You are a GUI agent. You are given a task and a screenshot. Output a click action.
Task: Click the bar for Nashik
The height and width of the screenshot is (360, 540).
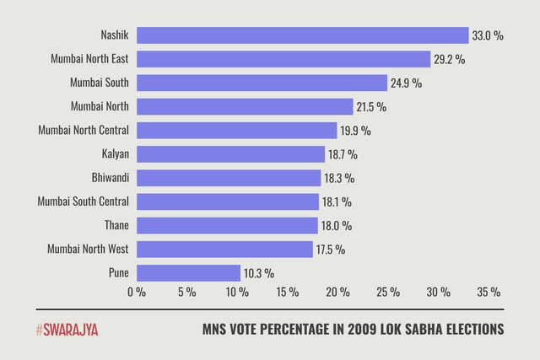click(x=302, y=35)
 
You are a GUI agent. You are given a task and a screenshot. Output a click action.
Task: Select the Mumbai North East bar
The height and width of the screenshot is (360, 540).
click(x=283, y=59)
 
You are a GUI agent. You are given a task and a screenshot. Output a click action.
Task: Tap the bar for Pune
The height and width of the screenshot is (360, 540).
click(x=188, y=273)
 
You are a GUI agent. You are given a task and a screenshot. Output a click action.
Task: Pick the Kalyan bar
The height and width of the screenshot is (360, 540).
click(x=230, y=154)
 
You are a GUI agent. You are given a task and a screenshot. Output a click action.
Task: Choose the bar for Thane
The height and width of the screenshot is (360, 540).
click(x=227, y=226)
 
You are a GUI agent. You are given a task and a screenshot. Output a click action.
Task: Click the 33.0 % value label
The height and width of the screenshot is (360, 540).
click(x=489, y=35)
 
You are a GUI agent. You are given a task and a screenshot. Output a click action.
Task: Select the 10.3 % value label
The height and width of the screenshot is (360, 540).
click(x=258, y=273)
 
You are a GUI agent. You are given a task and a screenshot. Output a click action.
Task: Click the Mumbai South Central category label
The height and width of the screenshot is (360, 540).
click(x=84, y=201)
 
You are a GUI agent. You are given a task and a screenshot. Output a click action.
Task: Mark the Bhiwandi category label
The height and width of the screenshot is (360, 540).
click(x=110, y=178)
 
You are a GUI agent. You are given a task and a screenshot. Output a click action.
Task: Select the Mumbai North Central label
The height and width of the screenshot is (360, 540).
click(x=84, y=131)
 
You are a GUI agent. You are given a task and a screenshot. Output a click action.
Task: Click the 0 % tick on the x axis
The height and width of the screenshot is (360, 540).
click(x=137, y=293)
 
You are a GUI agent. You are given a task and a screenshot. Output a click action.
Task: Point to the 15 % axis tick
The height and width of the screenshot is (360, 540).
click(x=288, y=293)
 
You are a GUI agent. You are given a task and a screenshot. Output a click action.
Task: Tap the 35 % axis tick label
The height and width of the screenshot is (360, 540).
click(x=489, y=293)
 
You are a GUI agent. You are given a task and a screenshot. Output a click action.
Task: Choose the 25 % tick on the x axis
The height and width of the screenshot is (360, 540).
click(x=388, y=293)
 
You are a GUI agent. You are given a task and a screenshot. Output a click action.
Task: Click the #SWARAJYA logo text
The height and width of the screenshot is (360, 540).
click(x=67, y=330)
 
